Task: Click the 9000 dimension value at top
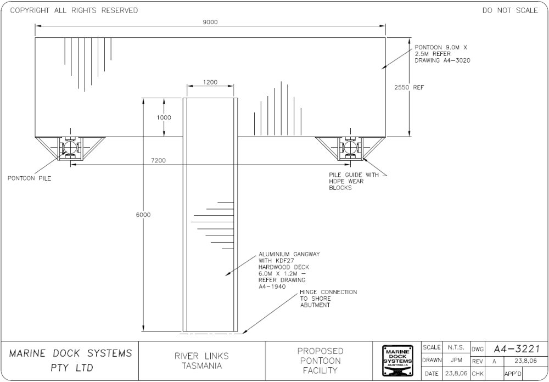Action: coord(210,22)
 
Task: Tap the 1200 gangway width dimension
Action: coord(210,82)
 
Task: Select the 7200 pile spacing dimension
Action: coord(159,160)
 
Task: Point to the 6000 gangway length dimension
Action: coord(143,215)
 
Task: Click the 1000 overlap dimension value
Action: coord(164,117)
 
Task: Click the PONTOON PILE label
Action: coord(29,178)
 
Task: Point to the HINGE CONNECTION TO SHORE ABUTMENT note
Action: coord(328,298)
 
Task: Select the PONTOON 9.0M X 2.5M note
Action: coord(442,54)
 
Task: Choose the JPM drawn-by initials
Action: coord(456,361)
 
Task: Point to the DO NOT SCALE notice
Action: coord(510,10)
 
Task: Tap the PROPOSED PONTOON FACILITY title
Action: coord(320,361)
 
